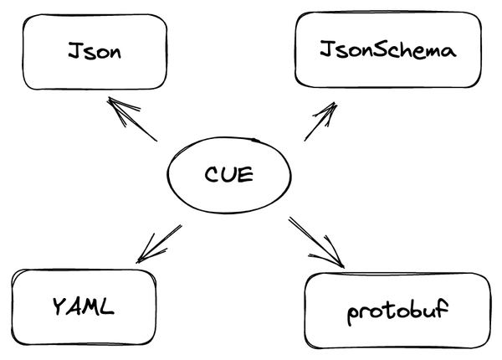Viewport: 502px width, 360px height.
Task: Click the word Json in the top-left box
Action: [95, 53]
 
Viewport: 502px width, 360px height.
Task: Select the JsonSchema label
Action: [387, 50]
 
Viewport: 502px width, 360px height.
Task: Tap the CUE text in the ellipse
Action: [228, 177]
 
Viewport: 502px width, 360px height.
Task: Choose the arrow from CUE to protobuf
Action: [316, 242]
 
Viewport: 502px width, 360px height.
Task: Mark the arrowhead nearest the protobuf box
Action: [337, 260]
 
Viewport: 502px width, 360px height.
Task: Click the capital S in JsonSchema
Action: [380, 50]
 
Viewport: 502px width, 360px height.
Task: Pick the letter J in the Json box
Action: [74, 53]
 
